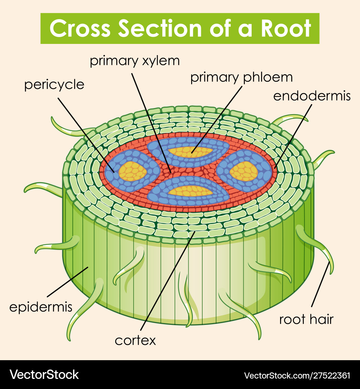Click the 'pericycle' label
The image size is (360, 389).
[x=54, y=85]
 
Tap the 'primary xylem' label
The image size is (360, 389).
[x=135, y=61]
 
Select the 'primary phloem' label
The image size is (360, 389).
[x=241, y=77]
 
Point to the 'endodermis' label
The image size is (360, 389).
[x=312, y=96]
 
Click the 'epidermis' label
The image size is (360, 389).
[x=41, y=307]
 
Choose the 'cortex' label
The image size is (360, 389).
[x=135, y=340]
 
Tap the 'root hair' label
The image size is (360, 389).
[x=306, y=319]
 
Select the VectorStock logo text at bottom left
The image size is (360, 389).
[x=44, y=375]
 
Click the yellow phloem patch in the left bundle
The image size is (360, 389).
[x=133, y=171]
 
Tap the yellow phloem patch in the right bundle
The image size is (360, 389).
[x=244, y=171]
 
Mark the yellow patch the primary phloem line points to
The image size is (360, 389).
[x=191, y=152]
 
